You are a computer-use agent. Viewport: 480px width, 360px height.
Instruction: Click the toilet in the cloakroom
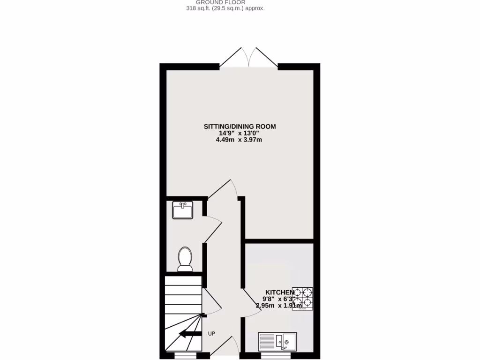185,259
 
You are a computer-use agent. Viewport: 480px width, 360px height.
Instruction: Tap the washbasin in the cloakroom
182,210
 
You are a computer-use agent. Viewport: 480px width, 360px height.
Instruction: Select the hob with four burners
303,299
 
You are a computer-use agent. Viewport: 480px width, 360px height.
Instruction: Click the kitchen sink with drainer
277,341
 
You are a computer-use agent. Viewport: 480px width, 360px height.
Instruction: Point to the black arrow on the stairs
189,334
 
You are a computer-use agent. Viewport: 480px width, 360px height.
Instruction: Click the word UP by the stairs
211,334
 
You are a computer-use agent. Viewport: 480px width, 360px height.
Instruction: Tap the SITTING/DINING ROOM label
240,126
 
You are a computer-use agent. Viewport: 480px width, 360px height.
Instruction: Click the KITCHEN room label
280,292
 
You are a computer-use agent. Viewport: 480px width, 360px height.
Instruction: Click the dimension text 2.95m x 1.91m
278,306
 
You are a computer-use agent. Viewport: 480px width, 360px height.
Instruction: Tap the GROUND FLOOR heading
226,2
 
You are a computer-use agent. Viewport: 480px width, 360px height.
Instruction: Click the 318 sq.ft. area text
226,8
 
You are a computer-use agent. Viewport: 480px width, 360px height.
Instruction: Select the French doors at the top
249,58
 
